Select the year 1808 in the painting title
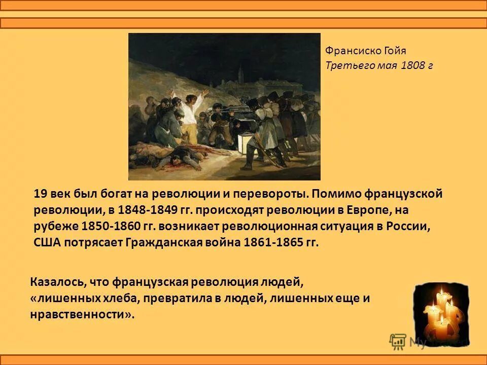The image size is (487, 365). (x=412, y=65)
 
